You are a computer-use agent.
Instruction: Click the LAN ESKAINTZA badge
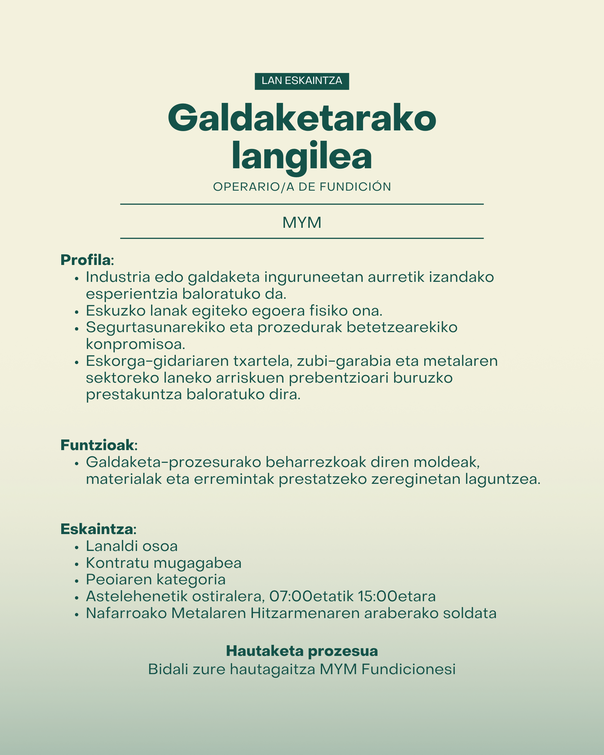[x=302, y=81]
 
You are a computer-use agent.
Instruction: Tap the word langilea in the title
[x=302, y=157]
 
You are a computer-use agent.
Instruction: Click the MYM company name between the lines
[x=302, y=223]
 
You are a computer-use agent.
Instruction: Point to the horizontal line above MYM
[x=302, y=204]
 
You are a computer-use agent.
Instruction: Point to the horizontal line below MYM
[x=302, y=238]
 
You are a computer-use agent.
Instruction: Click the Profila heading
[x=86, y=260]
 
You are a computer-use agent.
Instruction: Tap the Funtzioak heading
[x=98, y=445]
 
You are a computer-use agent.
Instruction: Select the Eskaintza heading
[x=97, y=529]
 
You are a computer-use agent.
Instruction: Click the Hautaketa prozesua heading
[x=302, y=651]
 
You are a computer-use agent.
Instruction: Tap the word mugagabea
[x=198, y=563]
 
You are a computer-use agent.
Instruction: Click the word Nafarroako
[x=126, y=613]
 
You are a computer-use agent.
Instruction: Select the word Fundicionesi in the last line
[x=408, y=669]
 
